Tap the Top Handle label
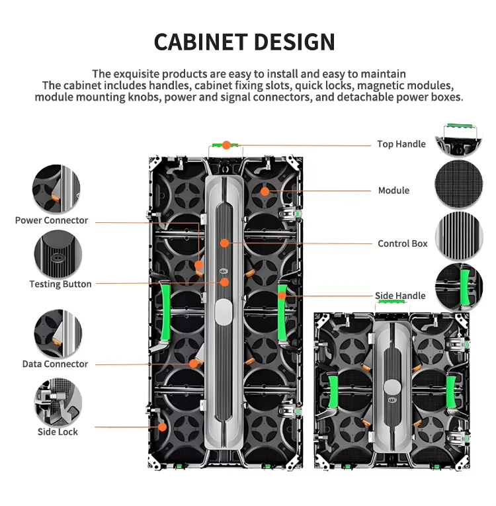(x=401, y=144)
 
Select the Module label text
(x=393, y=190)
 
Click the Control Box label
(x=402, y=243)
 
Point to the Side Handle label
(x=400, y=296)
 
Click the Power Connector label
(x=52, y=220)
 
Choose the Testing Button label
(x=60, y=284)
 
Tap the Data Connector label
(x=55, y=364)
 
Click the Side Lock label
(x=58, y=432)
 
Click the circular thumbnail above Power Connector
(x=57, y=189)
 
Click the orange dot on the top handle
(x=226, y=144)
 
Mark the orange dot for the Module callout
(x=264, y=191)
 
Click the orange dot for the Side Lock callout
(x=161, y=427)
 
